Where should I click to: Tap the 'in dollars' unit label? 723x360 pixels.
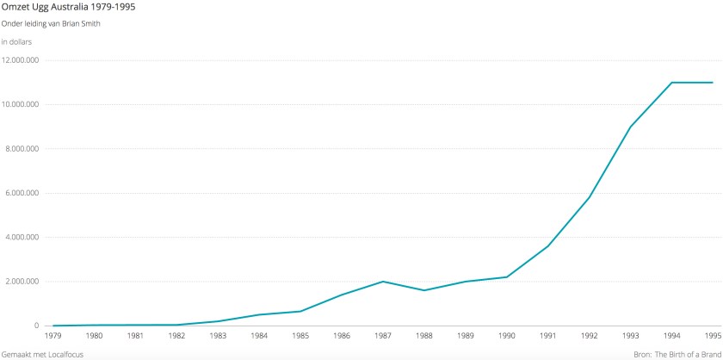click(x=15, y=40)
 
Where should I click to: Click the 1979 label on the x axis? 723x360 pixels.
click(x=53, y=336)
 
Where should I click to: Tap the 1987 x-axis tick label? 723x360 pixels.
click(x=383, y=336)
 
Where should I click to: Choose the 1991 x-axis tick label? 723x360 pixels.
click(x=547, y=336)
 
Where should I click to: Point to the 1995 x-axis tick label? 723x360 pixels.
click(x=711, y=336)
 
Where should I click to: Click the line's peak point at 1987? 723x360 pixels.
click(x=383, y=282)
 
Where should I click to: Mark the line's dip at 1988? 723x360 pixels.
click(x=424, y=290)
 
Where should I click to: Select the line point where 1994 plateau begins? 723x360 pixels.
click(x=671, y=83)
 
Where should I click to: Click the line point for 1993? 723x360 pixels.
click(x=630, y=127)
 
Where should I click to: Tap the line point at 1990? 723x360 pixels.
click(x=507, y=276)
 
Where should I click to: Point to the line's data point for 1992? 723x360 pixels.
click(x=589, y=197)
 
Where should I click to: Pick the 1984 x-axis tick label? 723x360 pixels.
click(x=259, y=336)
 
